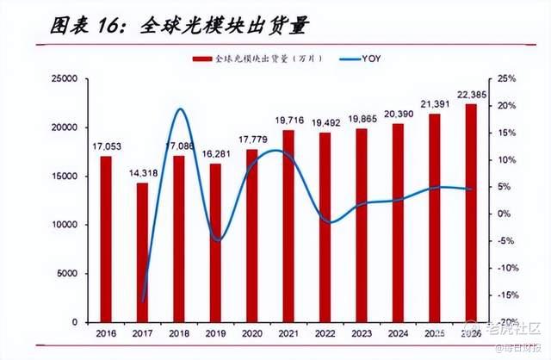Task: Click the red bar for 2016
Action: point(105,239)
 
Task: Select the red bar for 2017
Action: point(142,252)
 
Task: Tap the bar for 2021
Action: point(288,226)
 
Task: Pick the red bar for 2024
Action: point(398,222)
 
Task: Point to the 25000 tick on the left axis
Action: point(65,79)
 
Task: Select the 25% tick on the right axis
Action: point(506,79)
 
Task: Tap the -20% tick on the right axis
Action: point(506,322)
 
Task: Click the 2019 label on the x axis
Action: point(214,332)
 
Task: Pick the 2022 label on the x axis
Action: point(325,332)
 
